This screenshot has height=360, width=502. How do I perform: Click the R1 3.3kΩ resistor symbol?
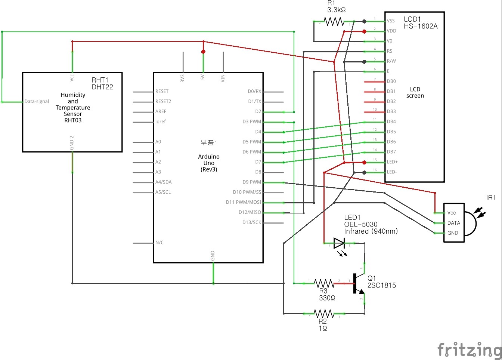coord(334,22)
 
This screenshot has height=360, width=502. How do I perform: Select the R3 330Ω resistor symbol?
coord(324,283)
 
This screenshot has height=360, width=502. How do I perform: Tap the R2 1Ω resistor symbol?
coord(324,313)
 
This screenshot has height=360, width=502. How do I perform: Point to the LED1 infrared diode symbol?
coord(339,243)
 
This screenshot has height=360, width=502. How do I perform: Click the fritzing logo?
coord(469,350)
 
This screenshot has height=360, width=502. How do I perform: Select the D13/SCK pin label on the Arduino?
coord(252,222)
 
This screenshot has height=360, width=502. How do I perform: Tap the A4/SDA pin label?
coord(164,182)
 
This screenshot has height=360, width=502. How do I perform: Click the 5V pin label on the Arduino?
coord(203,77)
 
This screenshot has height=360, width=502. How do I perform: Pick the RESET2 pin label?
coord(163,101)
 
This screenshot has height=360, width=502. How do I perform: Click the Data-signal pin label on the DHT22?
coord(37,102)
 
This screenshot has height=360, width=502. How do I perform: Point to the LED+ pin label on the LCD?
coord(392,162)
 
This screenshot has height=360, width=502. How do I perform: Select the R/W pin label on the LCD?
coord(391,61)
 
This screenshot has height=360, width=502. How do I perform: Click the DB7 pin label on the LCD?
coord(391,152)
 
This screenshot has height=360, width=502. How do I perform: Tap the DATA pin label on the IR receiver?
coord(453,223)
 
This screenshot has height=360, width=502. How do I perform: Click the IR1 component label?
coord(491,198)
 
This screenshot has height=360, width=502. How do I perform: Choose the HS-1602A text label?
coord(421,26)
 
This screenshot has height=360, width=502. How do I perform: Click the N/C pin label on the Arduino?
coord(159,243)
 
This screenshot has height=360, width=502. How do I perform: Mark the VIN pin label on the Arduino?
coord(223,78)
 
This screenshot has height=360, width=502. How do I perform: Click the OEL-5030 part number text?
coord(360,224)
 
